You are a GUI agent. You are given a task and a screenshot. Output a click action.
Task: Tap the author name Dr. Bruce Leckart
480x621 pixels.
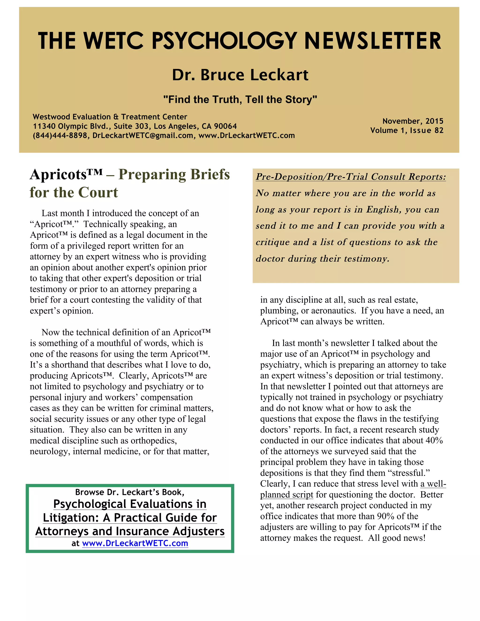(x=240, y=75)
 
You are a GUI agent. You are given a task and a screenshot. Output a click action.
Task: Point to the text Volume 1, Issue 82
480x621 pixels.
(x=407, y=131)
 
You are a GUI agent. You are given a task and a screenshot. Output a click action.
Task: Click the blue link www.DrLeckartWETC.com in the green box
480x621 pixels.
(x=135, y=543)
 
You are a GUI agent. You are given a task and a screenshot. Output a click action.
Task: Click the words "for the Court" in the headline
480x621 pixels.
(x=74, y=192)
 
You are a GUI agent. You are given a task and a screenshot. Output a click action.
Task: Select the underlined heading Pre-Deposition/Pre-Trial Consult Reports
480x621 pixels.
(x=351, y=177)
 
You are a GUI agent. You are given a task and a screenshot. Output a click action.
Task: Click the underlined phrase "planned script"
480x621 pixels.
(x=286, y=495)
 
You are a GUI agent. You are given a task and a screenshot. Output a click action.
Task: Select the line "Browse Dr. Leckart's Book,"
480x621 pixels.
(x=130, y=492)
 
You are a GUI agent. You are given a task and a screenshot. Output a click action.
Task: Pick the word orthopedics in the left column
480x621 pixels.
(x=154, y=441)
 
